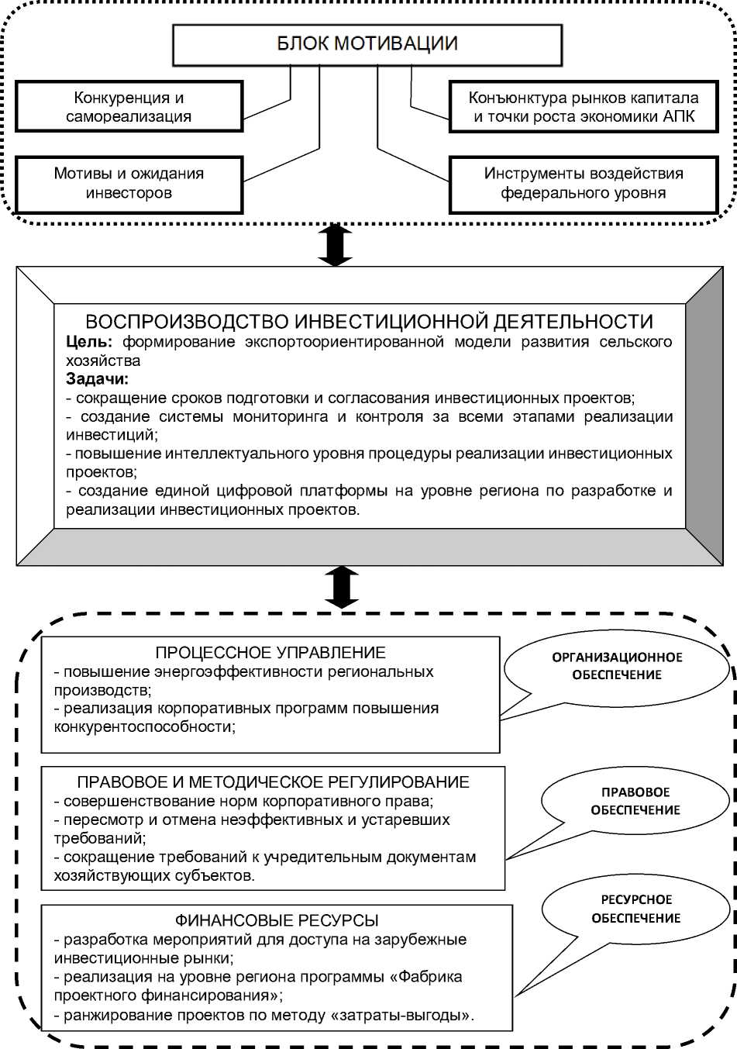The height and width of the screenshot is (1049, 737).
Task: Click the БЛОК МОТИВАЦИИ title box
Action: click(x=367, y=44)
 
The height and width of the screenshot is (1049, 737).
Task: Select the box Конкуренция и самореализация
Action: click(x=129, y=107)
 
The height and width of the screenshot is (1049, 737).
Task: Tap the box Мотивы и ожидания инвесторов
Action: click(x=129, y=184)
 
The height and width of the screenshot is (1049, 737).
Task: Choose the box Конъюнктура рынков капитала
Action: click(x=584, y=107)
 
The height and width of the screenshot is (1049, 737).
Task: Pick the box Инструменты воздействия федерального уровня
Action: click(x=584, y=184)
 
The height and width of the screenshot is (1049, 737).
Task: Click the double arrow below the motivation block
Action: click(x=336, y=245)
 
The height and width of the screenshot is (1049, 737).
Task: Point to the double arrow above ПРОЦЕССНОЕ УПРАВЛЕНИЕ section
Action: click(x=342, y=587)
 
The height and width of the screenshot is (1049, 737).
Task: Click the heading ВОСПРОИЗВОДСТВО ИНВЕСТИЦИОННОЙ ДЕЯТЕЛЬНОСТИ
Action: click(x=369, y=322)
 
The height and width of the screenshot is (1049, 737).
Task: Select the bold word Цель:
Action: click(x=89, y=342)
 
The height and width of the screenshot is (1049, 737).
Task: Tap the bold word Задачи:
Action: click(x=98, y=379)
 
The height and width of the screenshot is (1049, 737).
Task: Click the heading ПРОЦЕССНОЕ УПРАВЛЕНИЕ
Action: click(x=270, y=653)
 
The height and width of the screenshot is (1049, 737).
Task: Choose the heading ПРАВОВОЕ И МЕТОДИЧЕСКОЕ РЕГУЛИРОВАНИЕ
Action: click(x=273, y=782)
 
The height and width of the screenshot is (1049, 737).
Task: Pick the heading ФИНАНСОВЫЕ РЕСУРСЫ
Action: click(x=277, y=920)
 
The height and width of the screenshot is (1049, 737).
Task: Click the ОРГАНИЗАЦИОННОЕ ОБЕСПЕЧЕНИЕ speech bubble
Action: click(x=617, y=666)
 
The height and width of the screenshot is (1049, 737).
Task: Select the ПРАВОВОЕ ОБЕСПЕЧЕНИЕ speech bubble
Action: click(x=635, y=801)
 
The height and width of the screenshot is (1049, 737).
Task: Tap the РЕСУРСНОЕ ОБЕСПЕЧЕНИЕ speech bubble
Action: click(x=636, y=909)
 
